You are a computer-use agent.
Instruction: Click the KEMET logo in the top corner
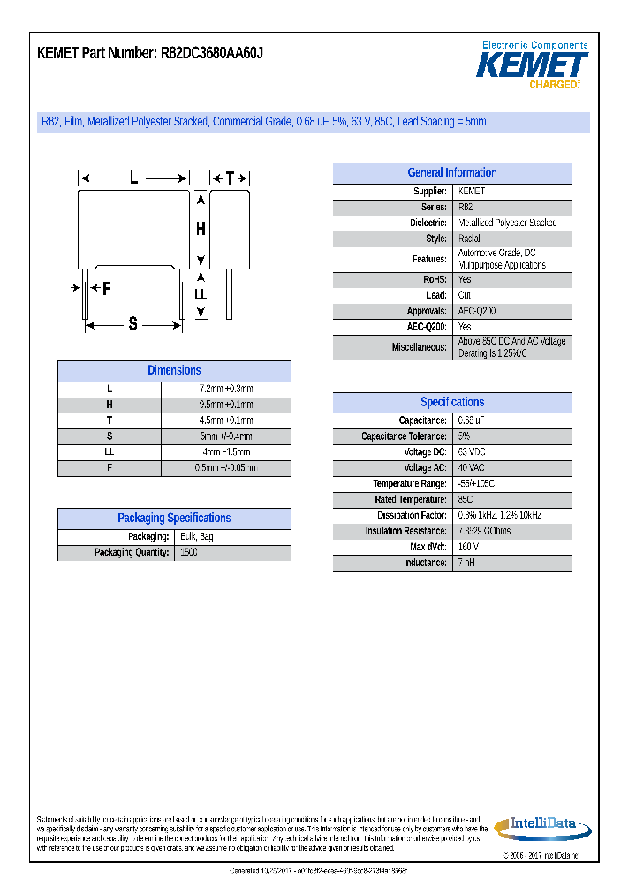coord(533,65)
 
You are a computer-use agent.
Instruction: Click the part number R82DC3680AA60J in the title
coord(213,54)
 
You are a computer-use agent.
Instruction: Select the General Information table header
coord(451,173)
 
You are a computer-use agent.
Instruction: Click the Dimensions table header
coord(174,371)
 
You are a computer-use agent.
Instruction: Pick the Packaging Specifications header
coord(174,519)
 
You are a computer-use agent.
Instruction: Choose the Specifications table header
coord(451,402)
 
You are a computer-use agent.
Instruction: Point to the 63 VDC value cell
coord(472,452)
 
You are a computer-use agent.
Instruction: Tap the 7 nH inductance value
coord(466,563)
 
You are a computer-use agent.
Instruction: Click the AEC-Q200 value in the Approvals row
coord(477,311)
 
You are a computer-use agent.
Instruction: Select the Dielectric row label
coord(428,223)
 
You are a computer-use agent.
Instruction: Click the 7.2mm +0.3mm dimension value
coord(226,390)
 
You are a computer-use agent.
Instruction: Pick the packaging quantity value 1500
coord(188,553)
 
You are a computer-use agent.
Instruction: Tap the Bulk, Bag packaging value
coord(196,537)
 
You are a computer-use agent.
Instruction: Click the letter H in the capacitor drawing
coord(201,229)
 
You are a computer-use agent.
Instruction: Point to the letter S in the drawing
coord(133,324)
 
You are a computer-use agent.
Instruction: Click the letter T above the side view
coord(230,178)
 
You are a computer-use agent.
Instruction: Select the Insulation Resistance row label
coord(405,532)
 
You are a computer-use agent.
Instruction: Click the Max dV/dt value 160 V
coord(468,547)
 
